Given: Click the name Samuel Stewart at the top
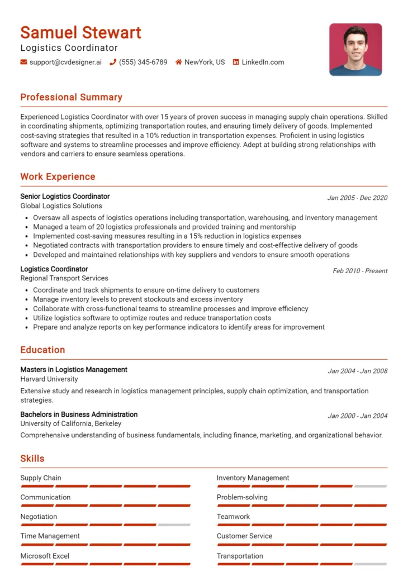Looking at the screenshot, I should coord(80,32).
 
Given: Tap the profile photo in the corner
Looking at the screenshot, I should coord(355,49).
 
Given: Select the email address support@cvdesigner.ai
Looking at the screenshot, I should coord(65,62).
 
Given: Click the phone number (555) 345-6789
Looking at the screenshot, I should coord(143,62).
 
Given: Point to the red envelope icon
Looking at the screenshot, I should coord(23,62).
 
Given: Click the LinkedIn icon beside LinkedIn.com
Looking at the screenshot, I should coord(236,62).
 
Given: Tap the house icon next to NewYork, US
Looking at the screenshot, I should coord(179,62).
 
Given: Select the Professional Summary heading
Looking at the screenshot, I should coord(71,97).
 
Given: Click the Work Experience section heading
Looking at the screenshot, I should coord(58,177).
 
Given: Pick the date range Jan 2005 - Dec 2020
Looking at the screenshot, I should coord(357,198).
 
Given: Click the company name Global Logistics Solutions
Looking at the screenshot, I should coord(61,206).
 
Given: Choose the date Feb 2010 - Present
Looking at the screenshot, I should coord(360,271).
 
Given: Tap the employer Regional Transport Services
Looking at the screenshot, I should coord(64,278).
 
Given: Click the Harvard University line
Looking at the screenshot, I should coord(49,379).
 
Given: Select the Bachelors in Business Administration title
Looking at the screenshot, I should coord(79,414).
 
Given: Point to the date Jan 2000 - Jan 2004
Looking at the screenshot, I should coord(357,416).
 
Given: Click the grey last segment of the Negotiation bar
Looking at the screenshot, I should coord(174,525).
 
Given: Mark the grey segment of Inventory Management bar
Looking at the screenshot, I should coord(371,487).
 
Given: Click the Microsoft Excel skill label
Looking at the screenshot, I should coord(45,556).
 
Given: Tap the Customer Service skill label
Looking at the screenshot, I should coord(244,536).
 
